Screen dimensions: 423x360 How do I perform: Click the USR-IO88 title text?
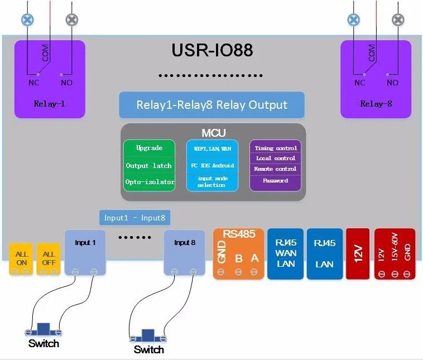click(x=212, y=50)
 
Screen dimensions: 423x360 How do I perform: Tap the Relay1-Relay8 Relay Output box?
click(x=212, y=105)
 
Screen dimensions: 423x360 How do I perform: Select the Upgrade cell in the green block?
click(x=149, y=148)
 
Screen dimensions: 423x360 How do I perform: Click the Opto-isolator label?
click(x=150, y=182)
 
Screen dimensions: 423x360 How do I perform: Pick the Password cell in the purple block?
click(x=276, y=181)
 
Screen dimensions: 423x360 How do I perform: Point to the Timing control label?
click(x=276, y=148)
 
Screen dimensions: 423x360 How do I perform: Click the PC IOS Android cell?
click(x=212, y=165)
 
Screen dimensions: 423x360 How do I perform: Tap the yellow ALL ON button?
click(x=21, y=259)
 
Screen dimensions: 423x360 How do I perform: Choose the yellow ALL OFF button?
click(x=49, y=259)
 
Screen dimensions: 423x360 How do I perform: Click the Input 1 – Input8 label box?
click(x=134, y=218)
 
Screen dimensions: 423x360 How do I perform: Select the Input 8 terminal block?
click(x=185, y=253)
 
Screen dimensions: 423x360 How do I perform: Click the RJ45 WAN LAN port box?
click(x=285, y=253)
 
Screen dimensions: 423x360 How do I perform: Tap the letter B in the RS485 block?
click(x=238, y=258)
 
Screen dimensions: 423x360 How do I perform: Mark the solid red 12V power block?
click(x=358, y=253)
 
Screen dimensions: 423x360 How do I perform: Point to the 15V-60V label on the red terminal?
click(x=395, y=247)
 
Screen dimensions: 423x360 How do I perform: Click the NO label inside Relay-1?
click(x=66, y=83)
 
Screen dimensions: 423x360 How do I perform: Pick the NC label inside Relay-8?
click(x=359, y=83)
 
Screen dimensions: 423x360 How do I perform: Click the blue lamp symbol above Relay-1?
click(x=27, y=20)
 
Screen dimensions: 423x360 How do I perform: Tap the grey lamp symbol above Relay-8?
click(x=398, y=20)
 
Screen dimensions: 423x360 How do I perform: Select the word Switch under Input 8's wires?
click(x=148, y=350)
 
